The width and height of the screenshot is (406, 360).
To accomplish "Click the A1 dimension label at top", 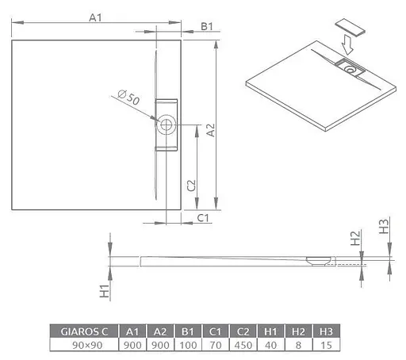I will pos(96,17).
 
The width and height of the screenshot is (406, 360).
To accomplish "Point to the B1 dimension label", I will pos(207,27).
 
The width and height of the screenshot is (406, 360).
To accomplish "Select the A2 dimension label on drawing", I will pos(210,131).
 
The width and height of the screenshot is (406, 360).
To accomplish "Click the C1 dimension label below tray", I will pos(203,217).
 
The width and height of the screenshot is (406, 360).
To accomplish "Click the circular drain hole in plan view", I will pos(167,124).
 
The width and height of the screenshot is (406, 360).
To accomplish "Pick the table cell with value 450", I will pos(241,345).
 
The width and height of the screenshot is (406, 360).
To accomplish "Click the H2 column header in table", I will pos(297,331).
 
